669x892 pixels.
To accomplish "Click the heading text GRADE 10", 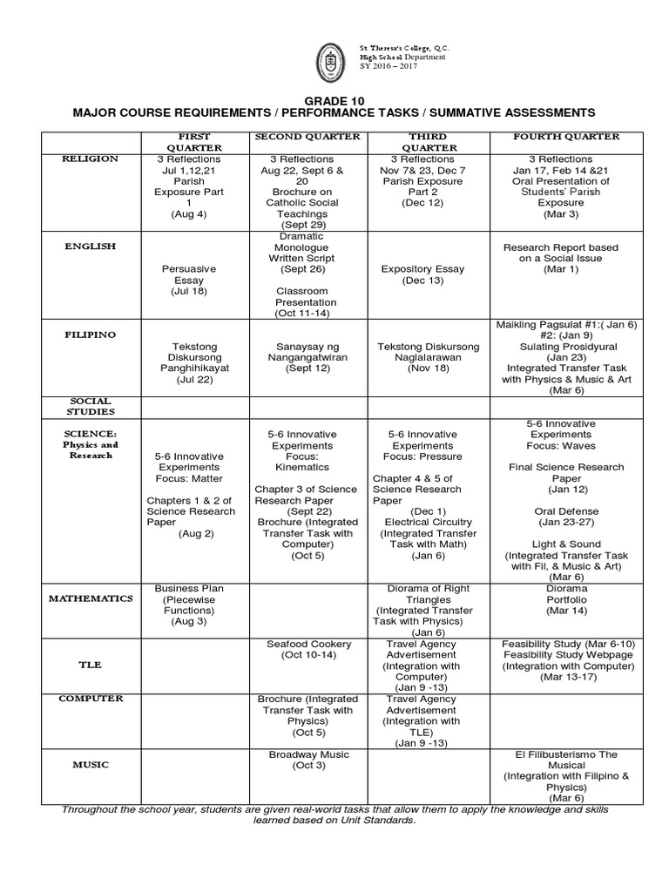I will (334, 99).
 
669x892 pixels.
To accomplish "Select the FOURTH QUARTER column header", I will (566, 137).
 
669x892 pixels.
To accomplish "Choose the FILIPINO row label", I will (91, 334).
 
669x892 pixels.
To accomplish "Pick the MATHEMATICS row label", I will (91, 599).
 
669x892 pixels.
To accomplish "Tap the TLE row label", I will (91, 665).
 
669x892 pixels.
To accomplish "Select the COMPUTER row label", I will (91, 699).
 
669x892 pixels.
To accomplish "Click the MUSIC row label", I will (91, 765).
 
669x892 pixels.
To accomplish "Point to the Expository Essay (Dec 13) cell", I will (423, 275).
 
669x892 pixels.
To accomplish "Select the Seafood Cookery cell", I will (308, 649).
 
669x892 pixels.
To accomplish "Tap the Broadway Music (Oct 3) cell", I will (308, 760).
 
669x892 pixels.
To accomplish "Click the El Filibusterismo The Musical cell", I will (566, 775).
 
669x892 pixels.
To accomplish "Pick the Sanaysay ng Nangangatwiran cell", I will (308, 357).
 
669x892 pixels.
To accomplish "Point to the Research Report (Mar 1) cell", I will (566, 259).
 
